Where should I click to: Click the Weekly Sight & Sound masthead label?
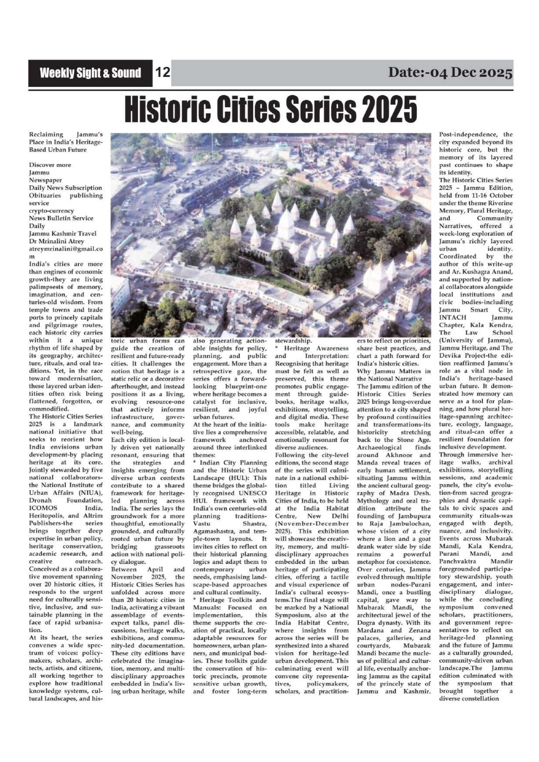tap(90, 73)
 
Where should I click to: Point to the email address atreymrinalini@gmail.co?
tap(66, 249)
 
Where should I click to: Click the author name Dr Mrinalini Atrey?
tap(57, 241)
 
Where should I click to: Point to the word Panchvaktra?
tap(458, 561)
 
